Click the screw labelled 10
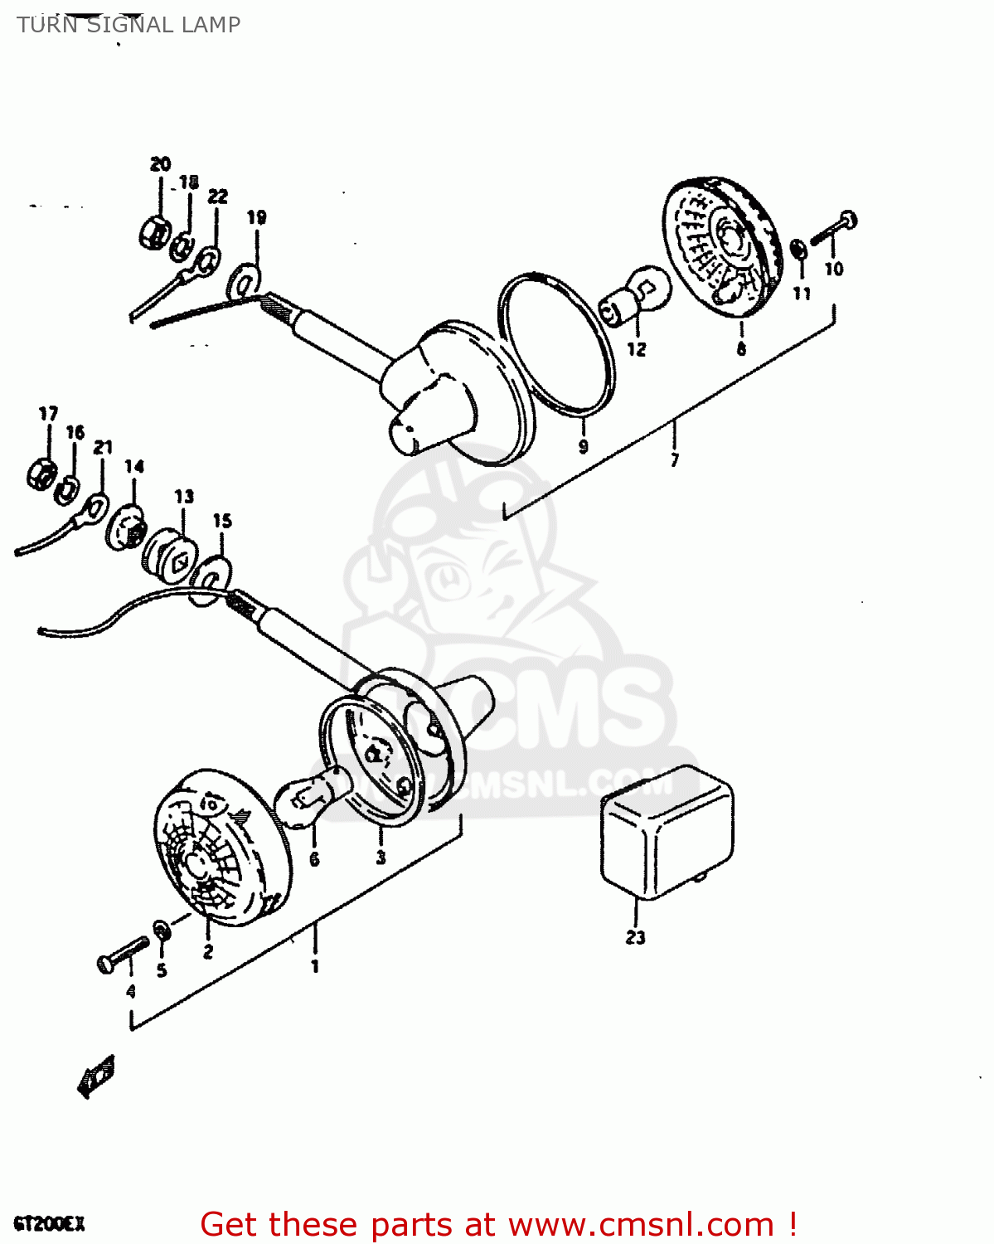834,228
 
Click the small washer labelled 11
799,250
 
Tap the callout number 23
635,938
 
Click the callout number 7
674,459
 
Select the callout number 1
314,966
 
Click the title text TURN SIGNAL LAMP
128,25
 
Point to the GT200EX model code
49,1224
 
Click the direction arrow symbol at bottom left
96,1076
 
